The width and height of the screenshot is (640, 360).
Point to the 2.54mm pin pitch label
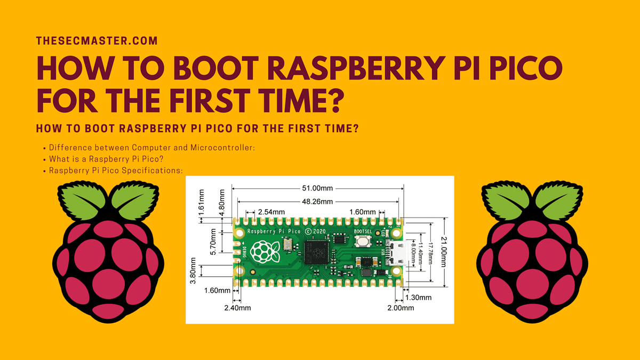[x=270, y=212]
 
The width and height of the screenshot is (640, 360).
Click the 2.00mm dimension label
[x=401, y=308]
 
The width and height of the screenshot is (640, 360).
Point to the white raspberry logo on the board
[x=265, y=251]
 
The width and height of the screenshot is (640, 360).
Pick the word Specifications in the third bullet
[x=155, y=171]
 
